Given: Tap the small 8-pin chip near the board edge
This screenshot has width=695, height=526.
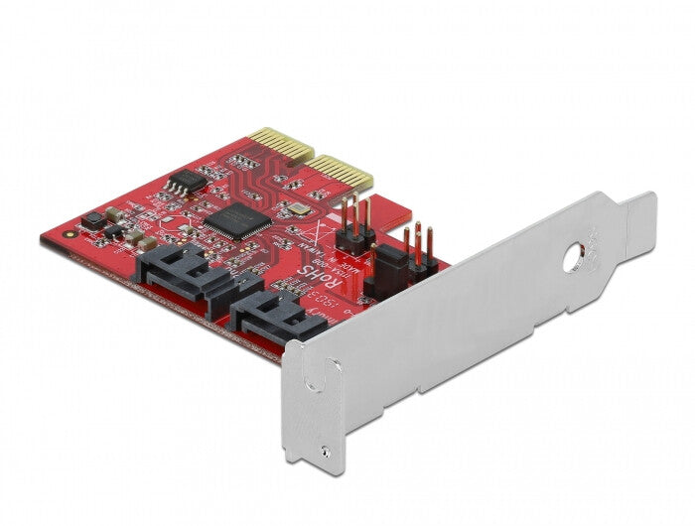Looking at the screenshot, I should point(182,183).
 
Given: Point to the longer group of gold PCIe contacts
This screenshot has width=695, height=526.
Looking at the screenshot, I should point(341,175).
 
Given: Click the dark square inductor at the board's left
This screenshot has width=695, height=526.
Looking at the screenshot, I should point(92,220).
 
